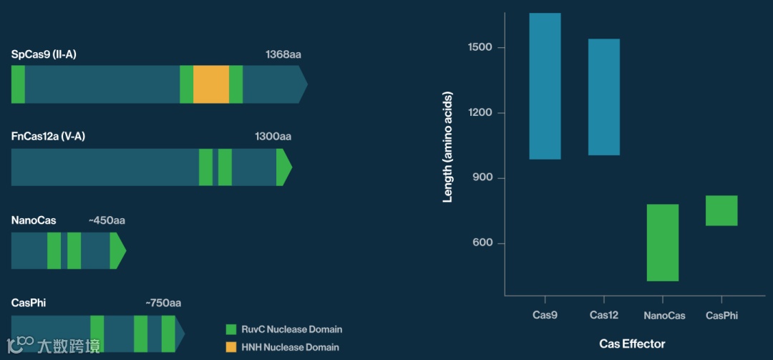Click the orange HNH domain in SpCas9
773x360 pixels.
click(211, 84)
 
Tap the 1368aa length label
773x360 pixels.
click(283, 54)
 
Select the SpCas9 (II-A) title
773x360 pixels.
click(44, 54)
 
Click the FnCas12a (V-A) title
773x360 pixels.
click(48, 137)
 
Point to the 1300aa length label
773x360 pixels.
click(273, 137)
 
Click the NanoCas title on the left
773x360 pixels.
click(34, 220)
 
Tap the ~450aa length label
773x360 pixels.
click(107, 220)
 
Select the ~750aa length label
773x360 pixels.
click(163, 303)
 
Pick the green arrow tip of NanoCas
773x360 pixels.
click(117, 250)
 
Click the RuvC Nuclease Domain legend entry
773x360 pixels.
click(283, 330)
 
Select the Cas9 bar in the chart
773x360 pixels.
click(545, 86)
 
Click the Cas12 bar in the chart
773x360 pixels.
click(604, 97)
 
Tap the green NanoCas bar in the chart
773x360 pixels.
click(663, 242)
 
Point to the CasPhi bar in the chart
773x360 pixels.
click(721, 210)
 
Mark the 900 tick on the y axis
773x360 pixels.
click(483, 178)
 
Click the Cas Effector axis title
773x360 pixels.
click(632, 344)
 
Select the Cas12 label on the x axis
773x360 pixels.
click(604, 315)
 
